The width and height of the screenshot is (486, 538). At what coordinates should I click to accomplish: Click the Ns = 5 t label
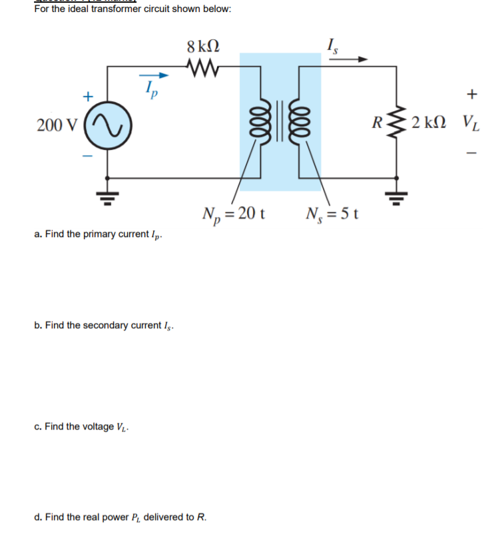[333, 214]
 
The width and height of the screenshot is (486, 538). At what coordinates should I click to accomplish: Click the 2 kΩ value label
[429, 123]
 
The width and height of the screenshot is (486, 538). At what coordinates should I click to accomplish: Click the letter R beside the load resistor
[377, 123]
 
